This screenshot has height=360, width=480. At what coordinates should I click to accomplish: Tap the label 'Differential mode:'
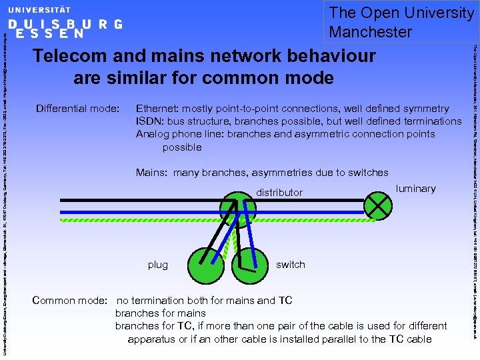pyautogui.click(x=77, y=109)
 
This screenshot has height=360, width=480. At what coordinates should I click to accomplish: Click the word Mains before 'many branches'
pyautogui.click(x=151, y=173)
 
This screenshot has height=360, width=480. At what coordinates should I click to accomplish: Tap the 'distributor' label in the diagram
pyautogui.click(x=279, y=193)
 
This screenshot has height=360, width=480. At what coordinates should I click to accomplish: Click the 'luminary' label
pyautogui.click(x=415, y=189)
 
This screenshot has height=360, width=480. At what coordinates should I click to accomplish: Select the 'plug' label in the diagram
pyautogui.click(x=158, y=265)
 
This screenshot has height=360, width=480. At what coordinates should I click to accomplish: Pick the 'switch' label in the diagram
pyautogui.click(x=291, y=265)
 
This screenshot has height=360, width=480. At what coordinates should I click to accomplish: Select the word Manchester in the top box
pyautogui.click(x=371, y=31)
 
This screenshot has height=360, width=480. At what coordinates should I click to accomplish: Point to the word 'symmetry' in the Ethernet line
pyautogui.click(x=426, y=109)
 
